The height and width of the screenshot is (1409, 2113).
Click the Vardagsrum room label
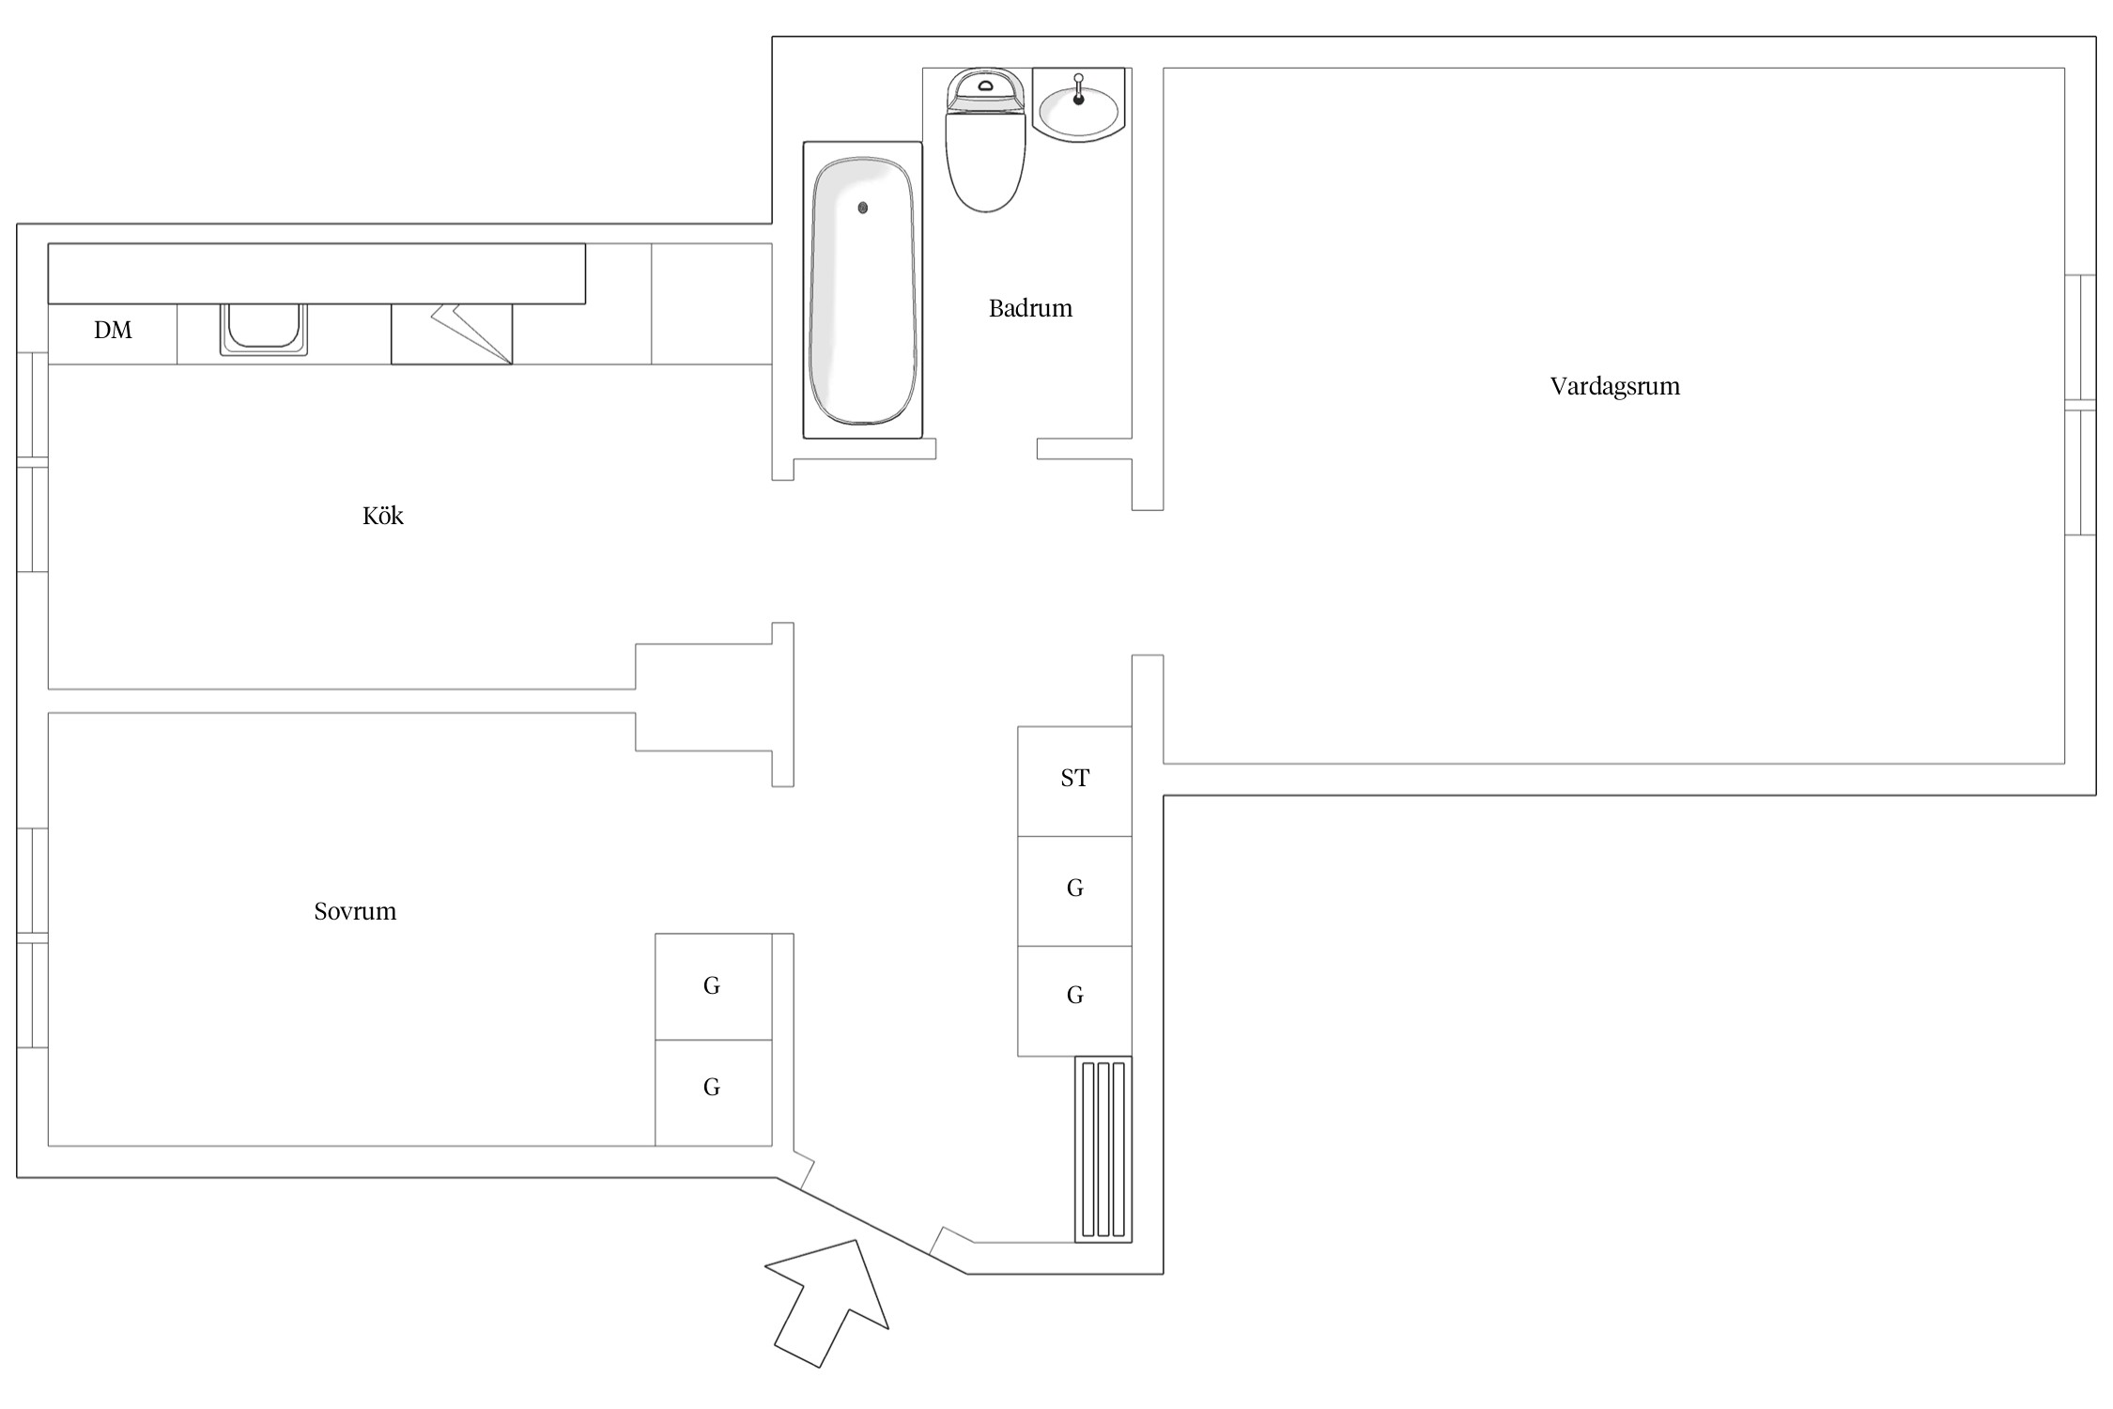click(x=1614, y=386)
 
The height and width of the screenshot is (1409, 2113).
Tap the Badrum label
click(x=1030, y=308)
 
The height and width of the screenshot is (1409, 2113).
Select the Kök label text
click(x=383, y=516)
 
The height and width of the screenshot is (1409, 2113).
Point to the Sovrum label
click(x=355, y=911)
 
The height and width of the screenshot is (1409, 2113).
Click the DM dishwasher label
click(x=113, y=330)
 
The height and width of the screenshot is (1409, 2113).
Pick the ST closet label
click(x=1075, y=778)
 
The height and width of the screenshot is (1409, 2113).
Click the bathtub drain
click(x=862, y=208)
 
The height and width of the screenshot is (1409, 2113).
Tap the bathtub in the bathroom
click(x=862, y=289)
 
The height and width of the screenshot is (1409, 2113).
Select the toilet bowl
click(x=985, y=160)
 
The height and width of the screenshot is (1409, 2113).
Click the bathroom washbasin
click(x=1078, y=105)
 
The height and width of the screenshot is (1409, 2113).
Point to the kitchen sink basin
click(x=264, y=328)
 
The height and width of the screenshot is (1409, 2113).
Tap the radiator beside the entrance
click(x=1103, y=1149)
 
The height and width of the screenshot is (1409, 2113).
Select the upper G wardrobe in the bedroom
click(x=713, y=986)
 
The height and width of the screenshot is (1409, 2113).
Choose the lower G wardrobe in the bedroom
click(x=713, y=1092)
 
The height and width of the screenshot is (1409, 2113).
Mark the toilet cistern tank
click(x=985, y=90)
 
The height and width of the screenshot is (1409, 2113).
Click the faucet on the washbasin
click(x=1078, y=88)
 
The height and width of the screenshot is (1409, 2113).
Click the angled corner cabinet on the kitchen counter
click(x=452, y=333)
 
